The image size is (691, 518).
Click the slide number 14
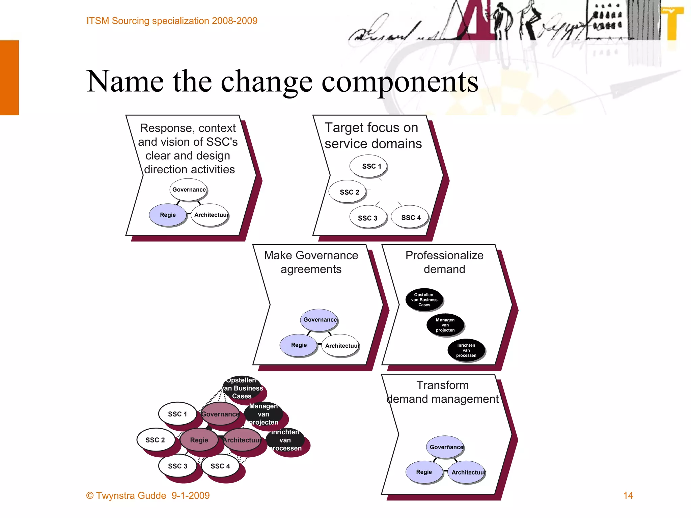pos(628,495)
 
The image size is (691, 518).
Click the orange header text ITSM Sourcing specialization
pos(172,21)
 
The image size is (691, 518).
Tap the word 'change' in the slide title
pos(267,82)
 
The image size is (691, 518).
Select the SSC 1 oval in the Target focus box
pos(368,166)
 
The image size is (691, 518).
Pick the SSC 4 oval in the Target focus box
pos(410,218)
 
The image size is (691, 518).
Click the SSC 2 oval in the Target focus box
pos(348,192)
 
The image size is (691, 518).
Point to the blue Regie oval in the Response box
pos(168,215)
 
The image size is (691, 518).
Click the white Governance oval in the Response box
pos(189,190)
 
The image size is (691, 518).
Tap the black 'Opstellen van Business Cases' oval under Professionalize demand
pos(424,299)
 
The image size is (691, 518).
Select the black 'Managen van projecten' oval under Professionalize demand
pos(445,325)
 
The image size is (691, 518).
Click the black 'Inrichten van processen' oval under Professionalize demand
pos(466,350)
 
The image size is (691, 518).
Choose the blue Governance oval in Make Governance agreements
pos(319,320)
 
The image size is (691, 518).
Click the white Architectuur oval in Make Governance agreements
pos(340,345)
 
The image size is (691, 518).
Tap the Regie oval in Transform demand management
pos(424,472)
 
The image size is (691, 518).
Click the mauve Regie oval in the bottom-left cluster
pos(199,440)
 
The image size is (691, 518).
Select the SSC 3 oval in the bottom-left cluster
pos(177,466)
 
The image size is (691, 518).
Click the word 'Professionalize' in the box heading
pos(444,255)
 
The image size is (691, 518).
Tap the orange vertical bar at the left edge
pos(9,78)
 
